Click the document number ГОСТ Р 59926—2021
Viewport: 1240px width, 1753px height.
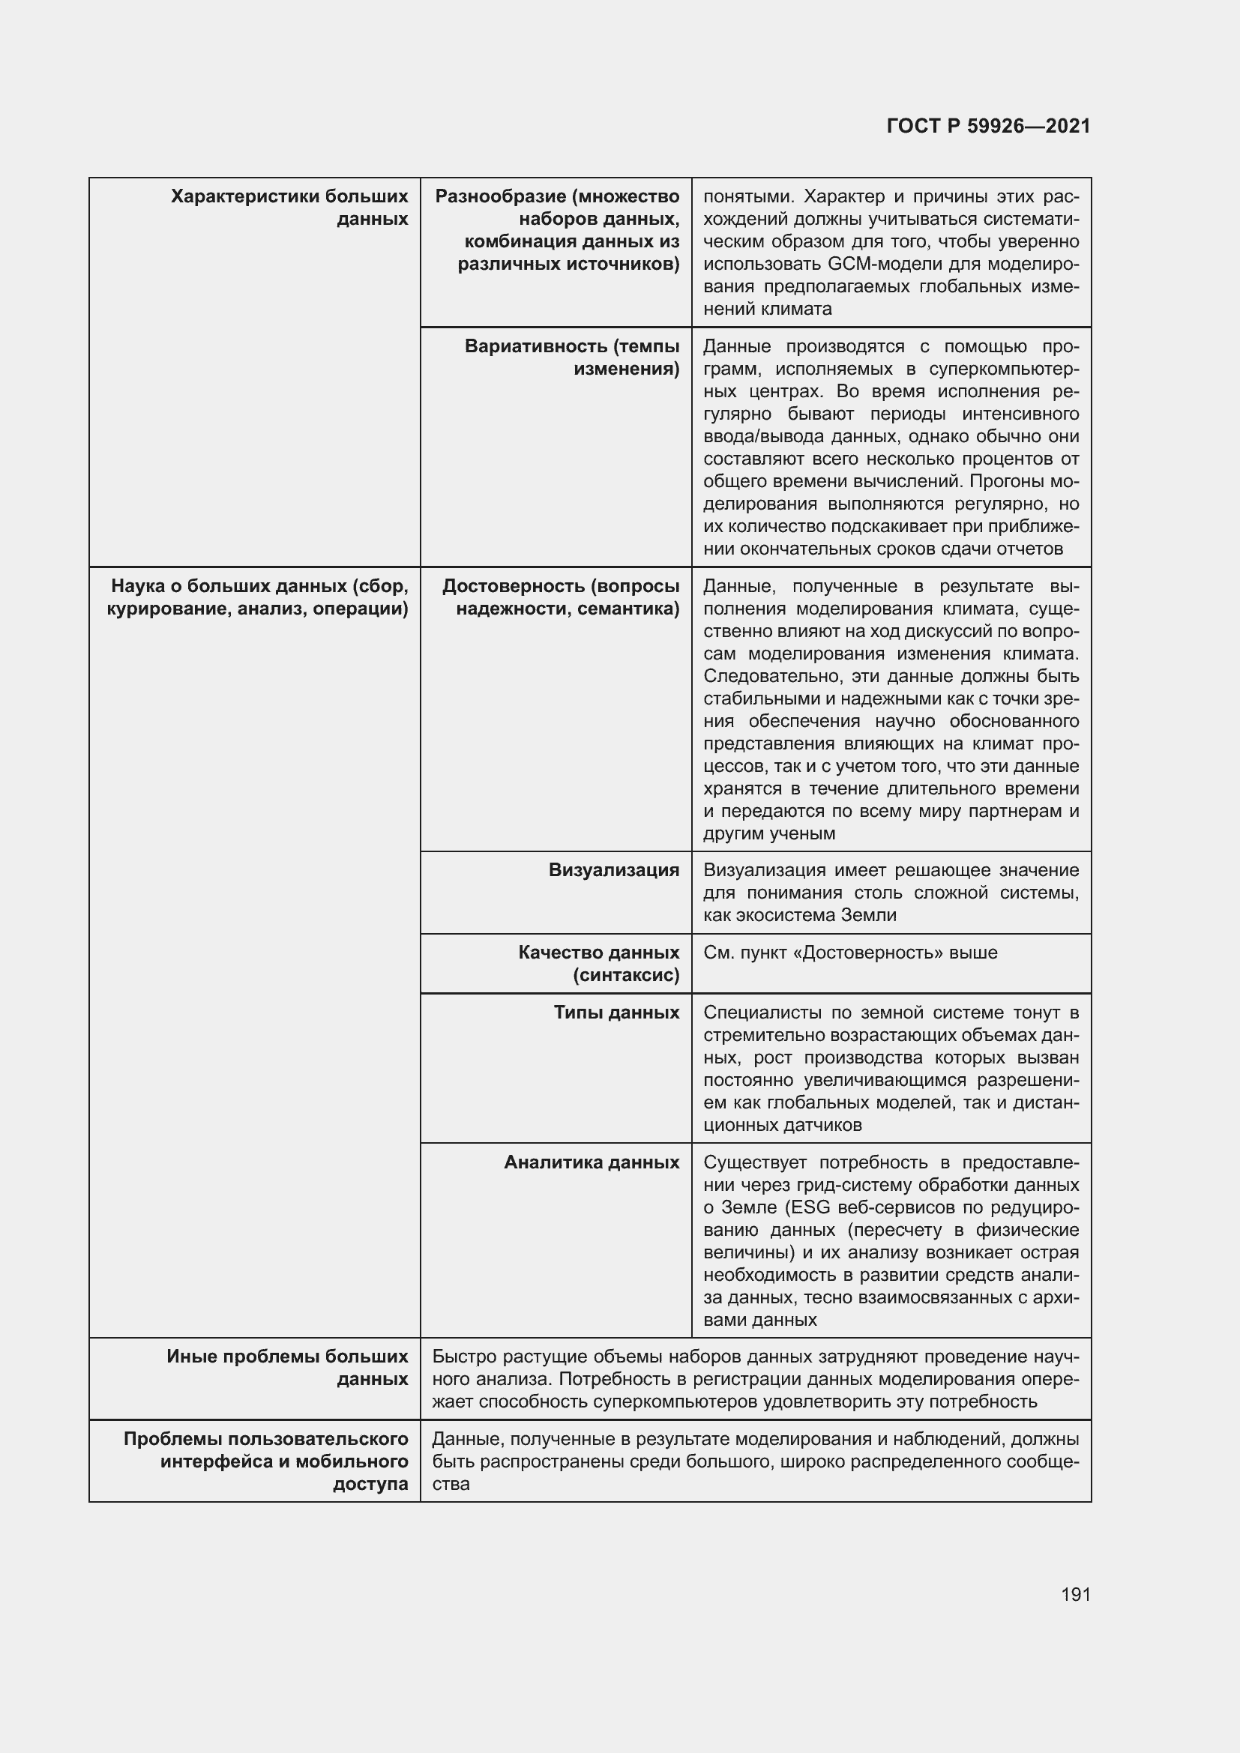pyautogui.click(x=988, y=126)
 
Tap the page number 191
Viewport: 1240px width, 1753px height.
pyautogui.click(x=1075, y=1594)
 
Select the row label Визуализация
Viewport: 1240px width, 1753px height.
pyautogui.click(x=613, y=870)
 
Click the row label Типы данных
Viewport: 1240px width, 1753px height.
pyautogui.click(x=616, y=1013)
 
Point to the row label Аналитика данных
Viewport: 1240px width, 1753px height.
pyautogui.click(x=591, y=1162)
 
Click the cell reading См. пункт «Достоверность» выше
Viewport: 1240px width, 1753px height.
pyautogui.click(x=850, y=953)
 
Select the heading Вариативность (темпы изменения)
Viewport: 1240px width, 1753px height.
pyautogui.click(x=572, y=357)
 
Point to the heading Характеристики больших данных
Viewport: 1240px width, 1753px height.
pyautogui.click(x=289, y=208)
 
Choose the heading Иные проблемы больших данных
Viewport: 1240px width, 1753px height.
pyautogui.click(x=287, y=1368)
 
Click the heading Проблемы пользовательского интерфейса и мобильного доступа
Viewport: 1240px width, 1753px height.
pyautogui.click(x=265, y=1461)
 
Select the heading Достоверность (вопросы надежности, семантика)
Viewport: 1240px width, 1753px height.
pyautogui.click(x=561, y=597)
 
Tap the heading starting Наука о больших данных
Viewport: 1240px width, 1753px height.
pyautogui.click(x=258, y=597)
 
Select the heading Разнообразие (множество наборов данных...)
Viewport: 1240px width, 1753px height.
pyautogui.click(x=557, y=230)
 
